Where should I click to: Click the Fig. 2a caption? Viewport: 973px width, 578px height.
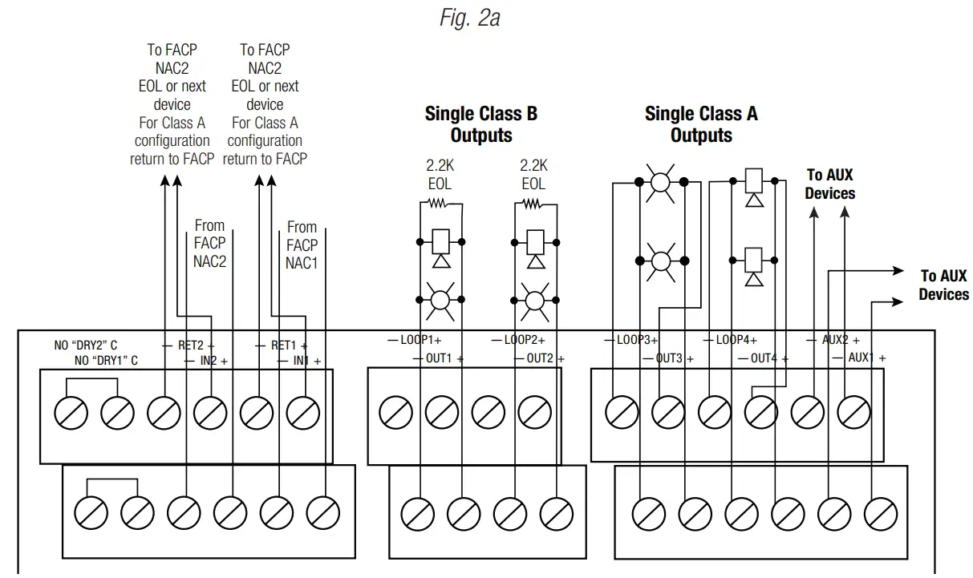469,18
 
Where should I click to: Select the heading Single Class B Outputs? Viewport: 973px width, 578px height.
480,124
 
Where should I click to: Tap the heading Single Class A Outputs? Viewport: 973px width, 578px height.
701,124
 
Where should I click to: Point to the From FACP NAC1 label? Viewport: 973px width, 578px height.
302,245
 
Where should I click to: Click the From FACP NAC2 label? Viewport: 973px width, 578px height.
209,243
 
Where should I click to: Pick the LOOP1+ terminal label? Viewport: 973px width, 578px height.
415,340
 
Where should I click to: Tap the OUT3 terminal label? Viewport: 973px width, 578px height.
669,358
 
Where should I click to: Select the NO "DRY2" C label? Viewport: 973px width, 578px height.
86,346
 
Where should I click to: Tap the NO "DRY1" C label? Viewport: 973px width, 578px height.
106,362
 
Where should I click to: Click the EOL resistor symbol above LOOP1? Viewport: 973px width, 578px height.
439,204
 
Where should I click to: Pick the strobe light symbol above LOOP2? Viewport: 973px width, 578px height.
533,300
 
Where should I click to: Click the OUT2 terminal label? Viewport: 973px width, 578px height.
540,358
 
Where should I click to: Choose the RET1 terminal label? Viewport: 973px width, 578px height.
283,346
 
